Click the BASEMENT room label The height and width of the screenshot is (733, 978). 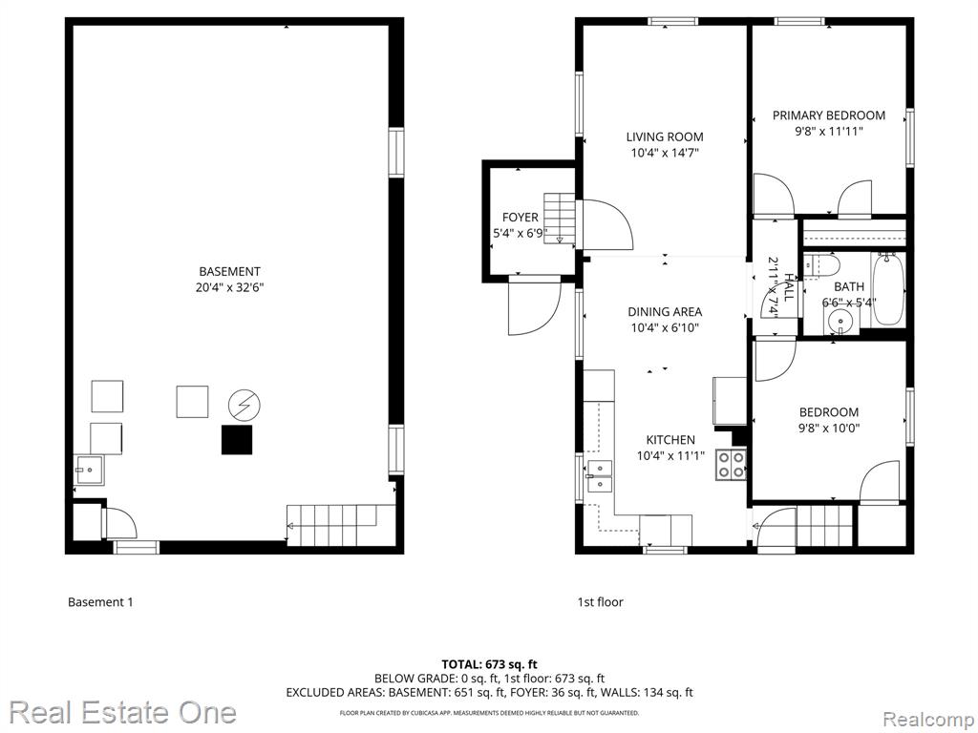click(x=229, y=272)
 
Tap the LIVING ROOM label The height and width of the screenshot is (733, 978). click(x=665, y=137)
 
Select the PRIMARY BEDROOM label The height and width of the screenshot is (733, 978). click(x=828, y=115)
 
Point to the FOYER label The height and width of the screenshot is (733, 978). click(x=521, y=218)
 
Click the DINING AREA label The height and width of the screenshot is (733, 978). click(x=665, y=312)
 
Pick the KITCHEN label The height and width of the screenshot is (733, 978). click(x=670, y=439)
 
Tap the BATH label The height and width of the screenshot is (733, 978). click(x=849, y=286)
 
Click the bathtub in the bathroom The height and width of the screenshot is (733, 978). click(x=888, y=288)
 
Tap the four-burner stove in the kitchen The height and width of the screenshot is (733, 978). click(x=731, y=465)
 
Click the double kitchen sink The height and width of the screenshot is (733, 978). click(x=600, y=475)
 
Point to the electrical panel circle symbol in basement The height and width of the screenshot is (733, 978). click(x=244, y=406)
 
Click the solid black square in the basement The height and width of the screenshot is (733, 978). click(x=237, y=440)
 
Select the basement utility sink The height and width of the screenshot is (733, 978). click(x=90, y=470)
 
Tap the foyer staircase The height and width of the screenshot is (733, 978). click(x=560, y=219)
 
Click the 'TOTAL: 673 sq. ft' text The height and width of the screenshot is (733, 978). click(x=489, y=664)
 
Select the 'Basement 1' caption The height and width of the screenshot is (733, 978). click(x=100, y=602)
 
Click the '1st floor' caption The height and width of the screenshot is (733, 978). click(x=600, y=602)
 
